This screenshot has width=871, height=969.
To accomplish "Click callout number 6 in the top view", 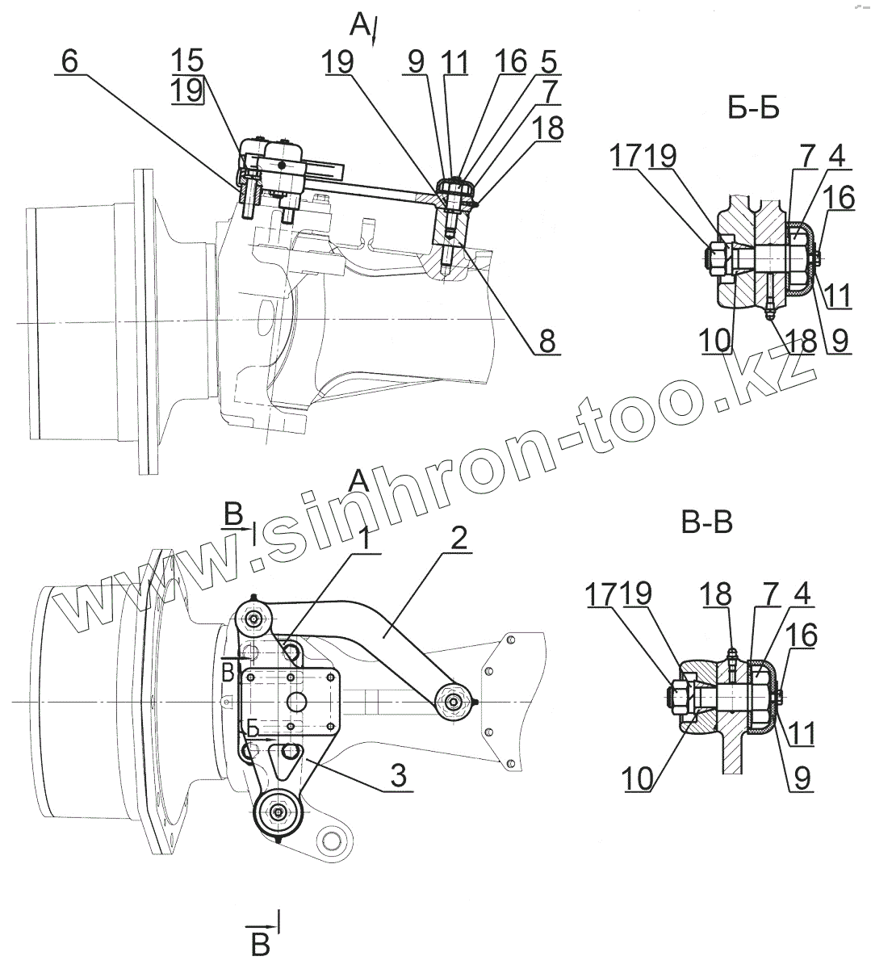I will (70, 61).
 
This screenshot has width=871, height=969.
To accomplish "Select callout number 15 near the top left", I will (187, 61).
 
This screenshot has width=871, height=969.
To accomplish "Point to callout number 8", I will (547, 342).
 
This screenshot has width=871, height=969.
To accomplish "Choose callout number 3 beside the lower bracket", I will (396, 777).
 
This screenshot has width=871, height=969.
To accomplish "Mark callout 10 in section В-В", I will (637, 778).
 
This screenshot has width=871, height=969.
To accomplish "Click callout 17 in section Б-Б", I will (626, 157).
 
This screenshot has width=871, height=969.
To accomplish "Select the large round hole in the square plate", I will (295, 700).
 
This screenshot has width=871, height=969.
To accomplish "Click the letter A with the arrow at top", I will (360, 26).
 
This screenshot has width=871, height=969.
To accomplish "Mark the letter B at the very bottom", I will (260, 944).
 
